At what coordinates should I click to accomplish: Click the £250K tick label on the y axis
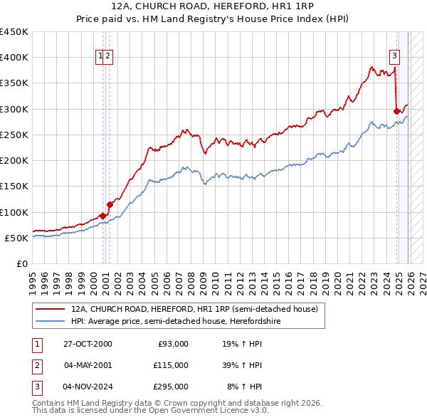click(x=14, y=135)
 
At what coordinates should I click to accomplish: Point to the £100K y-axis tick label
click(x=14, y=212)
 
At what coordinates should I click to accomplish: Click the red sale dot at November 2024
click(x=396, y=111)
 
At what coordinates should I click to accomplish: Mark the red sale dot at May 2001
click(x=110, y=204)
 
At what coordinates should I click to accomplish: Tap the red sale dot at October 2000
click(x=103, y=216)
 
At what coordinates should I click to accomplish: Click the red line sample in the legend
click(x=51, y=309)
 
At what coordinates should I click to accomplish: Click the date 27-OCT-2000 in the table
click(x=88, y=344)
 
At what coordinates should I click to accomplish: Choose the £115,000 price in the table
click(x=170, y=365)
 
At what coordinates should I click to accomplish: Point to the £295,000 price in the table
click(x=170, y=387)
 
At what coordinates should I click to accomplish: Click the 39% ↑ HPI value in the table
click(x=243, y=365)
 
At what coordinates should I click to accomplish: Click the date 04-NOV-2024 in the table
click(x=88, y=387)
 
